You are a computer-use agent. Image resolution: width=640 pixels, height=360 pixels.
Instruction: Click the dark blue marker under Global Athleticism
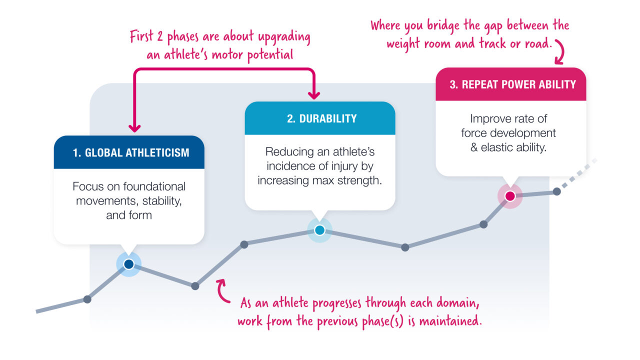tap(128, 264)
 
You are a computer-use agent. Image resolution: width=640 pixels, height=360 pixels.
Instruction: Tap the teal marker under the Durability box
tap(319, 230)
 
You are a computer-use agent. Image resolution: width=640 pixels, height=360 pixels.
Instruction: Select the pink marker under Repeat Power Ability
tap(509, 196)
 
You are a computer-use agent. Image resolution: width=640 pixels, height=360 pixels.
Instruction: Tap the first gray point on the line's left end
tap(87, 299)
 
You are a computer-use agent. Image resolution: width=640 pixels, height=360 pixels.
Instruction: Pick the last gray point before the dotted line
tap(556, 191)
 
